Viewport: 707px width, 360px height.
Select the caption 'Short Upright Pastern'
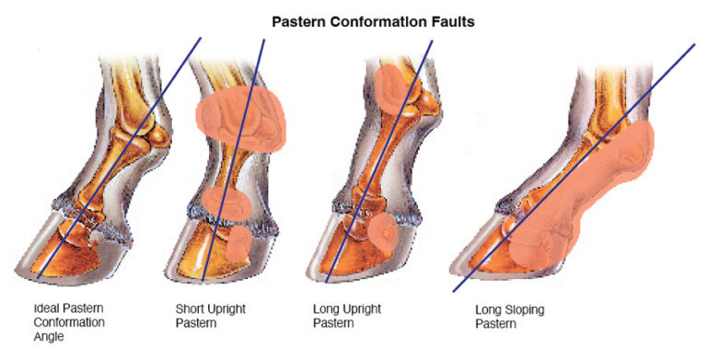pyautogui.click(x=210, y=315)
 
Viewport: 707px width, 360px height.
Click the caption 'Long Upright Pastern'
pyautogui.click(x=346, y=315)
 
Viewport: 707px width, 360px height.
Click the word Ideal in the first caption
pyautogui.click(x=46, y=308)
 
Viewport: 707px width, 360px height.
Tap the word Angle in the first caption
pyautogui.click(x=48, y=337)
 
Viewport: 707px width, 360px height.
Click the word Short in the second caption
pyautogui.click(x=190, y=308)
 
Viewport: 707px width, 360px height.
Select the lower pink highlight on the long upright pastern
pyautogui.click(x=380, y=235)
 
